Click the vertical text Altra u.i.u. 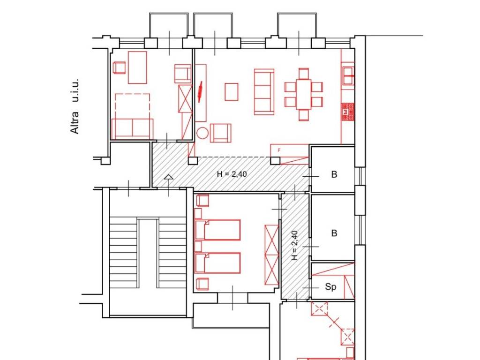click(75, 106)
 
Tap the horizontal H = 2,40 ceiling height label click(232, 174)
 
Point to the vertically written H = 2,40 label click(294, 246)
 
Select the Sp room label click(330, 287)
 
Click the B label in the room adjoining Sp click(334, 233)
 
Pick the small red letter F click(279, 150)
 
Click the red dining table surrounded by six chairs click(303, 94)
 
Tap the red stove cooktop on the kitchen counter click(348, 112)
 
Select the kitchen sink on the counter click(349, 75)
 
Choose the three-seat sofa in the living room click(264, 92)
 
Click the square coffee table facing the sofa click(232, 92)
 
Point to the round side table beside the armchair click(202, 133)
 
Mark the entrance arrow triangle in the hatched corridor click(168, 177)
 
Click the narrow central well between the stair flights click(148, 254)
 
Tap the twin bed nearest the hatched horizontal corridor click(217, 230)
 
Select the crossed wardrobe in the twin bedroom click(272, 255)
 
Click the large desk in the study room click(137, 67)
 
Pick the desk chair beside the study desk click(119, 67)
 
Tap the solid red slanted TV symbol click(200, 91)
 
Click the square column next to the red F click(275, 160)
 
